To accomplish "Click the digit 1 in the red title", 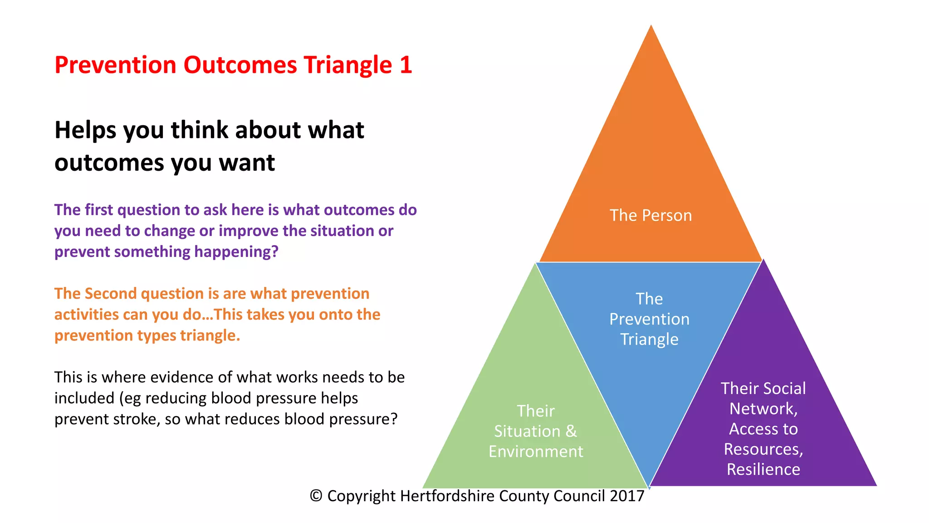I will [406, 65].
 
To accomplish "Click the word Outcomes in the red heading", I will [240, 65].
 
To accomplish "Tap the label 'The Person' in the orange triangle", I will [650, 215].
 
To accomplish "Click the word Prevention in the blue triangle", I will [649, 319].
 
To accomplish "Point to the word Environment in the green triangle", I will [536, 452].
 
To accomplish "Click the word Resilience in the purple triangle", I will [763, 469].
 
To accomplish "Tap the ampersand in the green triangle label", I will [571, 431].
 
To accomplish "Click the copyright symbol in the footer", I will [316, 496].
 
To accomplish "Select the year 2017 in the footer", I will [627, 496].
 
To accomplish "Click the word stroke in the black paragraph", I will [137, 419].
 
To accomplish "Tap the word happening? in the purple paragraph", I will [236, 252].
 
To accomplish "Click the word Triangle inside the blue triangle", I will [649, 340].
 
